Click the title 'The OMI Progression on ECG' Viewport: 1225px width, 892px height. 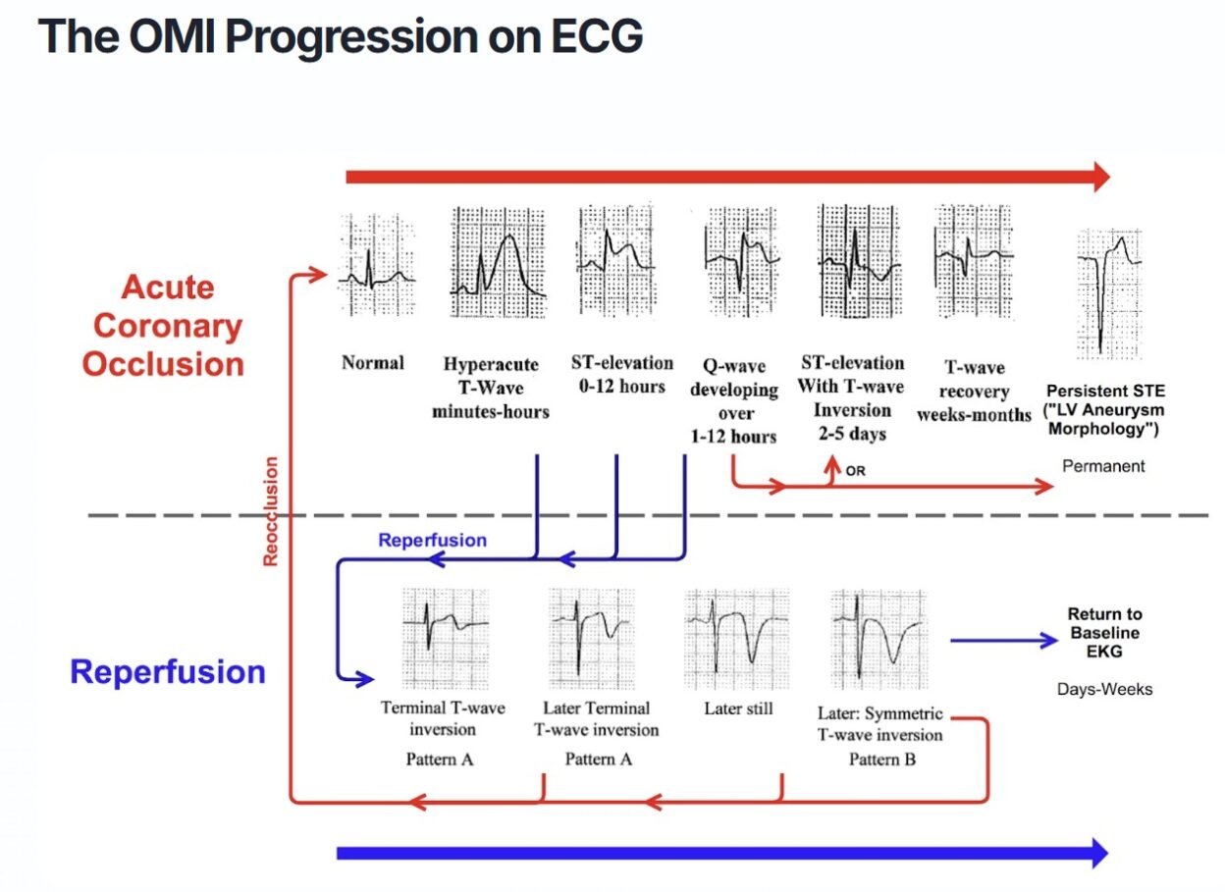pos(341,36)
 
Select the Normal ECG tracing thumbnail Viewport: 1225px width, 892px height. pos(376,265)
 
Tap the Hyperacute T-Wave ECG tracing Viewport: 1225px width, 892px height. pos(498,262)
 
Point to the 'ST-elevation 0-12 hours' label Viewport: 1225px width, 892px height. pos(622,374)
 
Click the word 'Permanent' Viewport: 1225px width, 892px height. pos(1103,466)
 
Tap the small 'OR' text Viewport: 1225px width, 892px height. pos(855,471)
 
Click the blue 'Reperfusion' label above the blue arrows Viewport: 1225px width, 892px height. pos(432,541)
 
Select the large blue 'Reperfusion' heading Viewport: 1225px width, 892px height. pos(168,672)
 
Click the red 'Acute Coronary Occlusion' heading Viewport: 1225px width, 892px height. pos(163,326)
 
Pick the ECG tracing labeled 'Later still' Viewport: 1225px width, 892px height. pos(736,637)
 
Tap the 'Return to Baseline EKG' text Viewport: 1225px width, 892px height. pos(1105,632)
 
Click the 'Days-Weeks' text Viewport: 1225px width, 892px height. pos(1104,689)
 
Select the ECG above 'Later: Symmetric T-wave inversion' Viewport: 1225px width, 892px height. pos(878,637)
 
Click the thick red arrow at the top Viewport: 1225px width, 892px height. pos(726,177)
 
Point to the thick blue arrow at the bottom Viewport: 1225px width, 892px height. pos(721,853)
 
